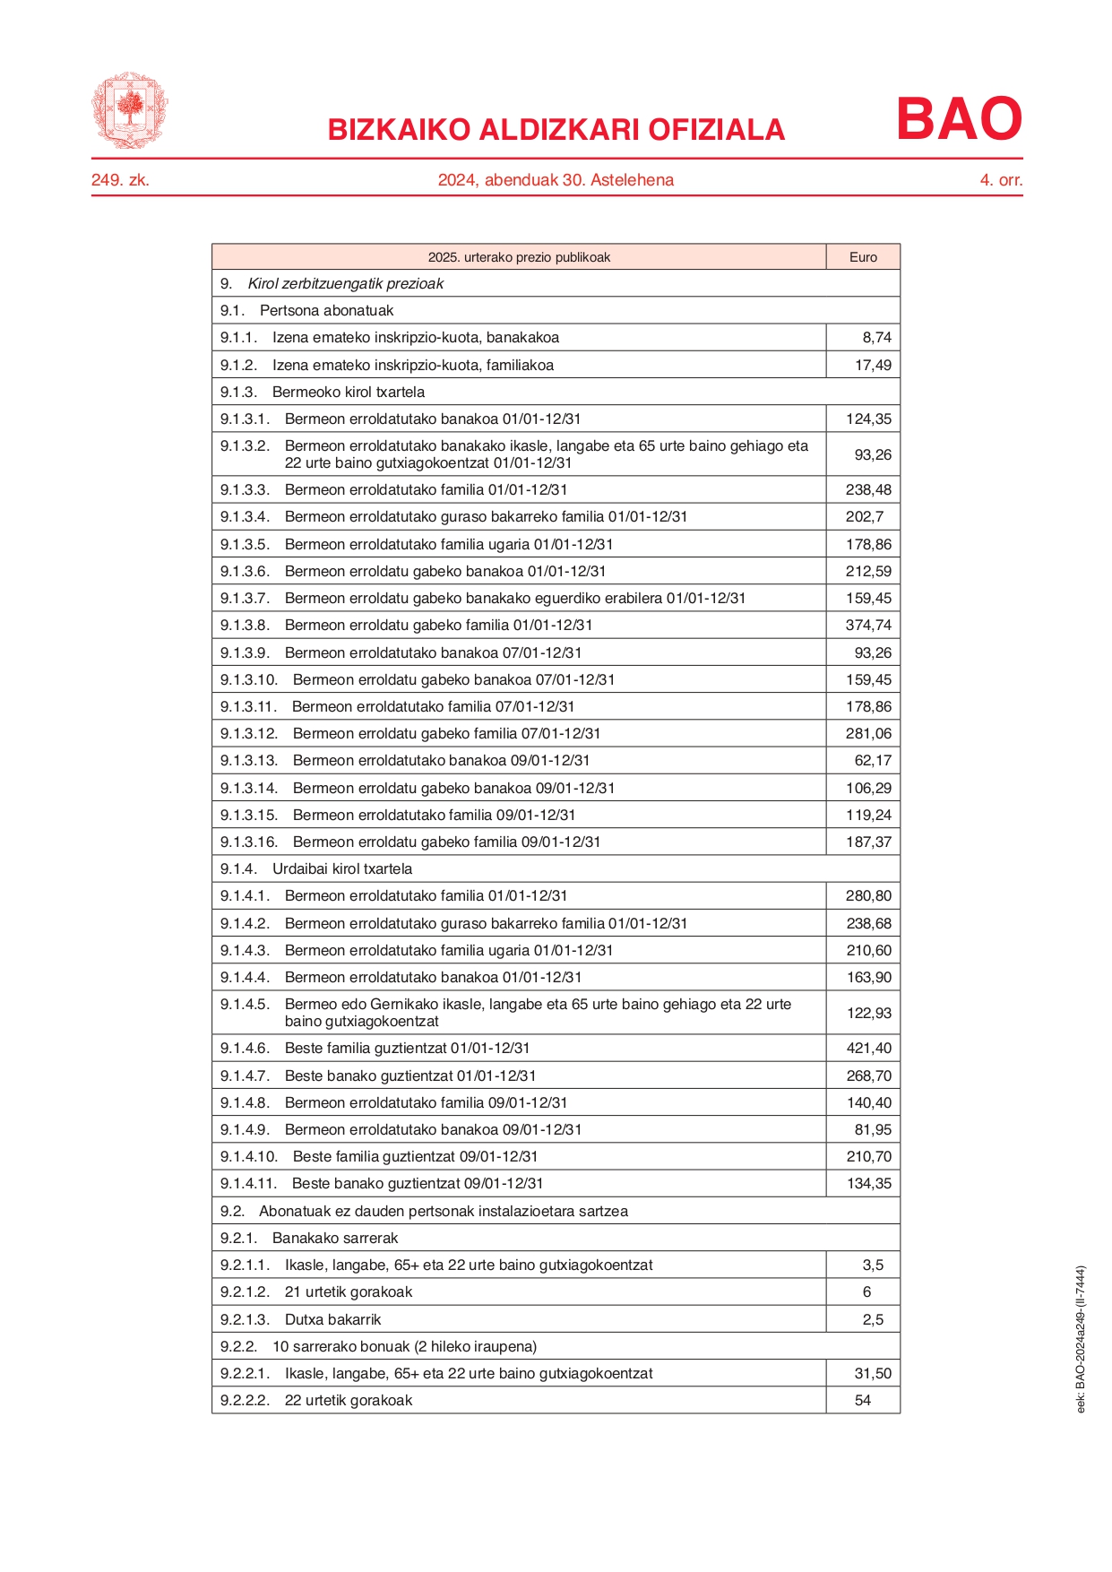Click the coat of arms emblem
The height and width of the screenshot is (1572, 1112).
pos(129,110)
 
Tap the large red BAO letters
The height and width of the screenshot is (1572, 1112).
pos(959,119)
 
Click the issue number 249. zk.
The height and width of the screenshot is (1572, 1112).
pos(120,180)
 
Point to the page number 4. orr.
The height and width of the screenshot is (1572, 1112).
pos(1001,180)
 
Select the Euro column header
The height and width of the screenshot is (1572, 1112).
pos(863,257)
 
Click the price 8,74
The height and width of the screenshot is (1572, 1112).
pos(876,338)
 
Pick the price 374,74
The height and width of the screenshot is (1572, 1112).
pos(868,626)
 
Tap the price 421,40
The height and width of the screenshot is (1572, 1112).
pos(868,1049)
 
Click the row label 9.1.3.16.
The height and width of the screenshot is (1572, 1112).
pos(249,842)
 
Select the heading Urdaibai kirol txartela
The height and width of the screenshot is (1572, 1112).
pos(342,869)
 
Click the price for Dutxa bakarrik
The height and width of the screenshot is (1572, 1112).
pos(873,1320)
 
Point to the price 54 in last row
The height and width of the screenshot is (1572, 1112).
pos(863,1401)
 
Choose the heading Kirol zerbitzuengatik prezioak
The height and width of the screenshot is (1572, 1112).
pos(346,284)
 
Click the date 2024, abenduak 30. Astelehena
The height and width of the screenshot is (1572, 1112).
pos(556,180)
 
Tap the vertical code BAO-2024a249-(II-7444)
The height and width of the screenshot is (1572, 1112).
pos(1081,1339)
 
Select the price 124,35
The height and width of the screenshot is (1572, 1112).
pos(868,419)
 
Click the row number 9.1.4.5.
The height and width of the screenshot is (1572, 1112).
pos(245,1005)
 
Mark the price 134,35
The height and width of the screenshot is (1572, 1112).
pos(868,1184)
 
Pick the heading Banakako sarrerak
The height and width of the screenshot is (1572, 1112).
pos(335,1239)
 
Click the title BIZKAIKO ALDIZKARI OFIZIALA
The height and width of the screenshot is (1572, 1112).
pos(556,130)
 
